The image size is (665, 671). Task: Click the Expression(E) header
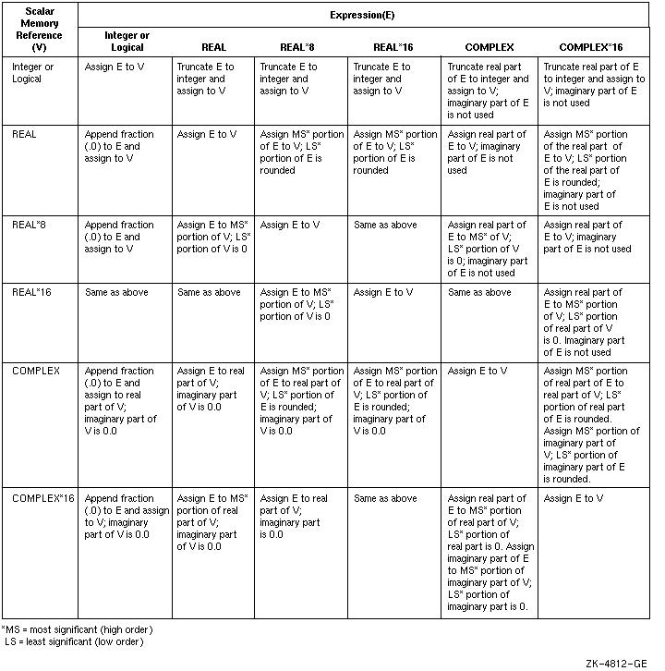click(x=364, y=15)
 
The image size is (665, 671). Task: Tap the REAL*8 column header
click(x=300, y=46)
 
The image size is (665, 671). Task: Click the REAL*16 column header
click(x=394, y=46)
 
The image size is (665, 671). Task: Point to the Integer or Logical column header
click(x=127, y=41)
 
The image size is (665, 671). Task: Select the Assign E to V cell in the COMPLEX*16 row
click(x=574, y=499)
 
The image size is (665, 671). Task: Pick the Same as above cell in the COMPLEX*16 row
click(x=385, y=499)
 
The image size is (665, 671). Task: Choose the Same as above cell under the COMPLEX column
click(x=478, y=293)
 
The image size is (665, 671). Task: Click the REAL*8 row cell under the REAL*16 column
click(x=385, y=226)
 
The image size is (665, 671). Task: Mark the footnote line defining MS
click(x=79, y=629)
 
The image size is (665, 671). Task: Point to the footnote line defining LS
click(x=74, y=641)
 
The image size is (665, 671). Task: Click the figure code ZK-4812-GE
click(x=615, y=663)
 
